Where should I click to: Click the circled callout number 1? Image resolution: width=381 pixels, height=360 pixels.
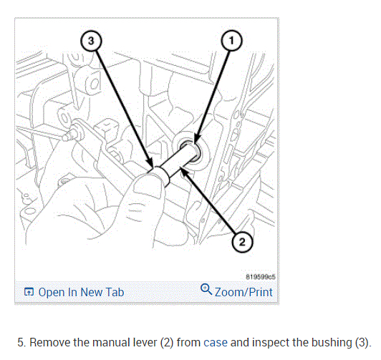[x=231, y=41]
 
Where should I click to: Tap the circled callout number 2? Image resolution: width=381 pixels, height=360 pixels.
[x=242, y=242]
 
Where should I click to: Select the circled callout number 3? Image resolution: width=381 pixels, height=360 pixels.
[x=91, y=41]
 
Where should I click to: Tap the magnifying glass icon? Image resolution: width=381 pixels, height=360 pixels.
[x=206, y=289]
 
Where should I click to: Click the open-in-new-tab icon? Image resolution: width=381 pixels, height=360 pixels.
[x=29, y=292]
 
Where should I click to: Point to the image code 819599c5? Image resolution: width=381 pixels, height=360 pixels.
[x=261, y=277]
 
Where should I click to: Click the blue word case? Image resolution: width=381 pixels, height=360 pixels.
[x=216, y=343]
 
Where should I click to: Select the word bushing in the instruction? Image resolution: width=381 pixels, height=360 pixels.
[x=332, y=343]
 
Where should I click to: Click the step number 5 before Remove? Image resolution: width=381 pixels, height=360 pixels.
[x=21, y=343]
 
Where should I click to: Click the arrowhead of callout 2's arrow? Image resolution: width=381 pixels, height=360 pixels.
[x=183, y=170]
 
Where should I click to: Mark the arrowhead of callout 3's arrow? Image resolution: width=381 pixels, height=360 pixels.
[x=150, y=164]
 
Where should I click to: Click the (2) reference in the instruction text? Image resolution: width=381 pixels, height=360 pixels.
[x=167, y=343]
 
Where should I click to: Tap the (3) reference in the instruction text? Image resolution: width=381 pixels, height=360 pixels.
[x=362, y=343]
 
